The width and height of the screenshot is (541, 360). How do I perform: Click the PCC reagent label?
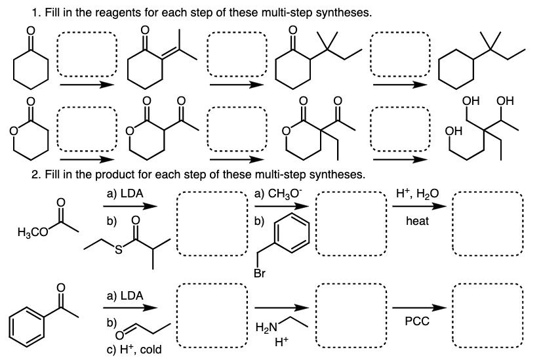(x=416, y=322)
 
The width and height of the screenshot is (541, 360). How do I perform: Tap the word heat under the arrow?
(x=418, y=221)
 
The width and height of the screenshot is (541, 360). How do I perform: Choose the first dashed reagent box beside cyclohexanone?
(x=87, y=54)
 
